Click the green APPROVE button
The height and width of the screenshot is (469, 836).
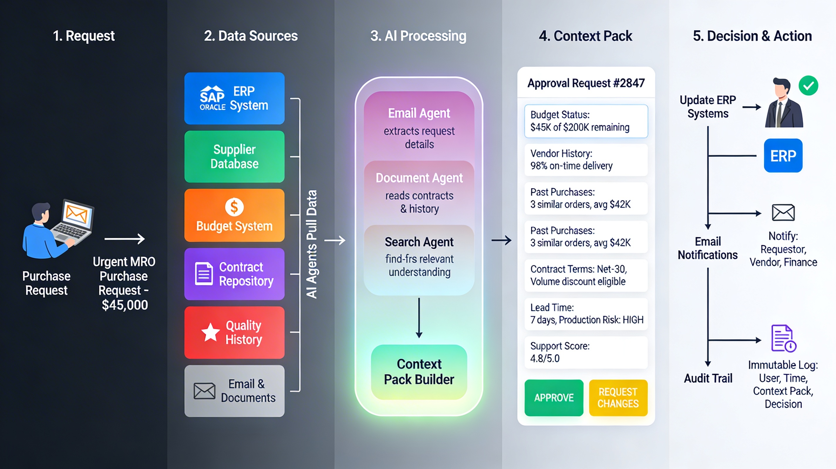(554, 397)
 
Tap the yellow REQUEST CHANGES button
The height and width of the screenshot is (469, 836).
(618, 397)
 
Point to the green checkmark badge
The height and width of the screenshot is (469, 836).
(808, 86)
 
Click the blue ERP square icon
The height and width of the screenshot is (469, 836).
(783, 156)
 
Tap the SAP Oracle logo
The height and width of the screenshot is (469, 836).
(212, 98)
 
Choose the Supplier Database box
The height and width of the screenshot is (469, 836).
(234, 157)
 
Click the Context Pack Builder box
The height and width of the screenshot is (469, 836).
(419, 372)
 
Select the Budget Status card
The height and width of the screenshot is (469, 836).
(586, 121)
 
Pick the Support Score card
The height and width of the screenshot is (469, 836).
(586, 352)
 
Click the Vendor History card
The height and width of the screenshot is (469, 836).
(586, 159)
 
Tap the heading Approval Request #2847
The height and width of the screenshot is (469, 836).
(586, 83)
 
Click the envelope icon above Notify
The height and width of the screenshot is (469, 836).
(783, 213)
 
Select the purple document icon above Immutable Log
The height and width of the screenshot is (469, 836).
(783, 338)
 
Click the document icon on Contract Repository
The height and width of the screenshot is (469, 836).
(204, 274)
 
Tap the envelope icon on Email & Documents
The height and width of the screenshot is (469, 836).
(204, 391)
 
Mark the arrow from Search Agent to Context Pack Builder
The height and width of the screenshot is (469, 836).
(419, 318)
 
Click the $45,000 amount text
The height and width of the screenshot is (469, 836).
(125, 305)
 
